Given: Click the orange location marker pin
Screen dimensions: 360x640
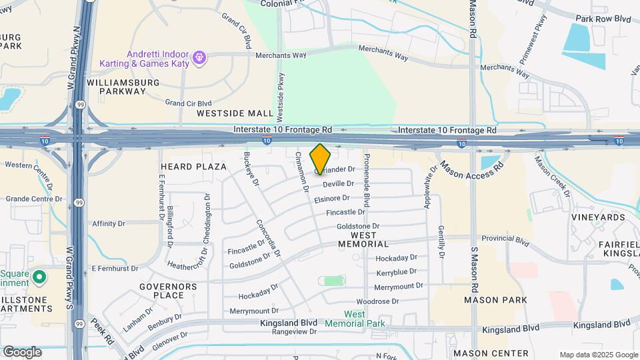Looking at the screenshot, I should pyautogui.click(x=321, y=159).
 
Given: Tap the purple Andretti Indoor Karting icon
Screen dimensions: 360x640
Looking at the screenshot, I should pyautogui.click(x=199, y=59).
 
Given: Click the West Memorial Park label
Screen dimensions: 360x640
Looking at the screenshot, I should pyautogui.click(x=355, y=319).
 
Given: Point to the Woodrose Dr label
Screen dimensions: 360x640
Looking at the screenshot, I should pyautogui.click(x=377, y=301).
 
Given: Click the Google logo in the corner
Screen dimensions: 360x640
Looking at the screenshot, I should pyautogui.click(x=22, y=352).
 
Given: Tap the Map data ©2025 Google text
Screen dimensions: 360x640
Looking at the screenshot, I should pyautogui.click(x=599, y=355).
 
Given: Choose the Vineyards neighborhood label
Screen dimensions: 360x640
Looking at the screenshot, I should pyautogui.click(x=598, y=217).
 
